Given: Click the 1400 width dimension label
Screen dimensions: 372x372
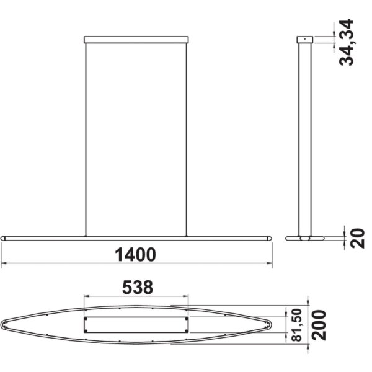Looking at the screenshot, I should (x=135, y=254).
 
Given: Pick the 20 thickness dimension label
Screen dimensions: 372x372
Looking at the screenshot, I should (x=357, y=238).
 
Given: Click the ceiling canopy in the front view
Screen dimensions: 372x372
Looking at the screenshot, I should (x=136, y=39).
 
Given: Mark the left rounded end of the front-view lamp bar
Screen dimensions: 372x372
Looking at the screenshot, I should (x=5, y=237).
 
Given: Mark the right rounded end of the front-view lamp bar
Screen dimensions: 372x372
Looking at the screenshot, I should (x=267, y=237).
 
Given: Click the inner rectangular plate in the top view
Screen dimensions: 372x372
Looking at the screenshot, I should (x=136, y=324).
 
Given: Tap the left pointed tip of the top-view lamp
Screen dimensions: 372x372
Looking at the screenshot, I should (x=4, y=324).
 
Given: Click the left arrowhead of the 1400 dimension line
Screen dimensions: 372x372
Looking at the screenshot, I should (x=4, y=264).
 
